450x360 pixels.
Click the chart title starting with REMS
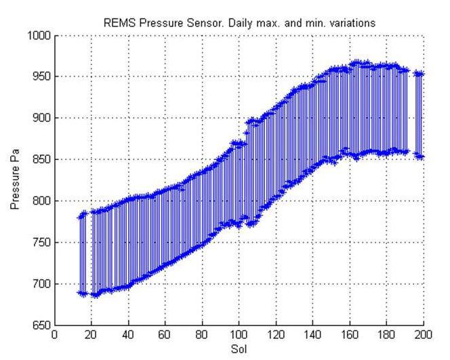[x=239, y=23]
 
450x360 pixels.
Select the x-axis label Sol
[x=239, y=349]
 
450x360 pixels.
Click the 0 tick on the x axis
[x=54, y=335]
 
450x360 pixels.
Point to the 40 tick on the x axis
[x=128, y=335]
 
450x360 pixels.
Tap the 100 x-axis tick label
[x=239, y=335]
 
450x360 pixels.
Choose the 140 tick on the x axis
[x=312, y=335]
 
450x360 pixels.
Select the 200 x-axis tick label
[x=423, y=335]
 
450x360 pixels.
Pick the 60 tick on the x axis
[x=165, y=335]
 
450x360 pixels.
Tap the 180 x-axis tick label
[x=386, y=335]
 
